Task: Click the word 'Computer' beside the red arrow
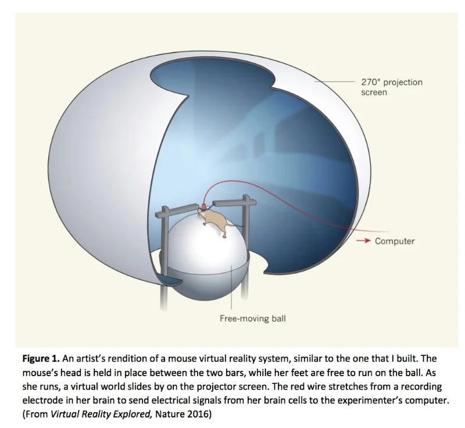coord(395,241)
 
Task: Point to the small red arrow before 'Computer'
coord(364,241)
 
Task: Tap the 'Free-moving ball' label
coord(253,318)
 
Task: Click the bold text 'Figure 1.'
coord(43,358)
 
